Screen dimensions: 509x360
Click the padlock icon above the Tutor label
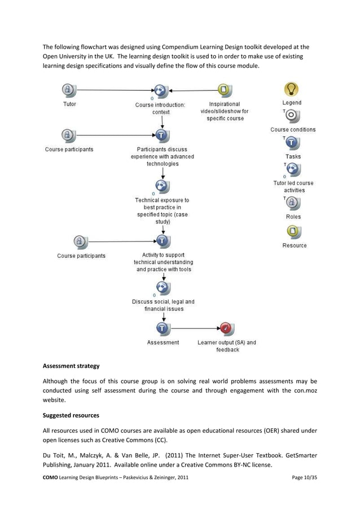68,90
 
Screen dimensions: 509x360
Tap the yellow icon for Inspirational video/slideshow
225,90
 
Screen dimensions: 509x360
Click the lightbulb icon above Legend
291,89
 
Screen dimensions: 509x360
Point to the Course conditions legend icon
292,116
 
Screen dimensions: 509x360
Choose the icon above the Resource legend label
293,231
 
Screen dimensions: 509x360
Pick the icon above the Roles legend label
293,203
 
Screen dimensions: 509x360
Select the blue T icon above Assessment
163,328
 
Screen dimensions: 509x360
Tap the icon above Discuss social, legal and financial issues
163,288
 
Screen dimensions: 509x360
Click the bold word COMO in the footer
52,478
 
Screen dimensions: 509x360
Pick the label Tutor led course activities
293,187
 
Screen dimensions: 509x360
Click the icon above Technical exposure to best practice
163,187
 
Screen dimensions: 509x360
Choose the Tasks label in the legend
293,156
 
